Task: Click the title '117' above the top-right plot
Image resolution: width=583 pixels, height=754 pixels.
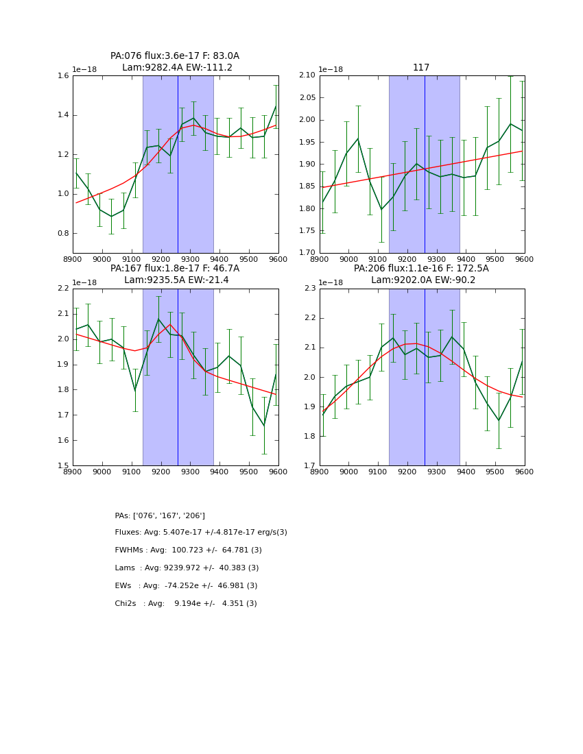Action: click(x=421, y=68)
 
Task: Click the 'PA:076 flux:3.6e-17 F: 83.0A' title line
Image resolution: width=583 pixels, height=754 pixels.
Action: click(x=175, y=56)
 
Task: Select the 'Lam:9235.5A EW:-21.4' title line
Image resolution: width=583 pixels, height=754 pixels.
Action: click(x=176, y=280)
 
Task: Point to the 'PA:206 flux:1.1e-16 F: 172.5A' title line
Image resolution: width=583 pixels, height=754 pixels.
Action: click(x=421, y=269)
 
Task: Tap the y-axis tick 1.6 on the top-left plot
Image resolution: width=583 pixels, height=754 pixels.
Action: click(x=63, y=76)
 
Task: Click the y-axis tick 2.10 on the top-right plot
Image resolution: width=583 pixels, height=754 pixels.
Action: click(x=307, y=76)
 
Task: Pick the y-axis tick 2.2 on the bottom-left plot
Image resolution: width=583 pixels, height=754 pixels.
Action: click(x=63, y=289)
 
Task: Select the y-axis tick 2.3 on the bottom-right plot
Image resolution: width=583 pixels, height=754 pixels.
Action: click(x=309, y=289)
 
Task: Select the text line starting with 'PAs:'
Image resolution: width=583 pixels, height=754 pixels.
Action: click(x=160, y=515)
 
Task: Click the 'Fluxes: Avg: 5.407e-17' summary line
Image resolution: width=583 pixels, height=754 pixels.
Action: click(x=201, y=533)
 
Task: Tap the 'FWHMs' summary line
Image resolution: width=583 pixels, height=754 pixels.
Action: click(x=189, y=550)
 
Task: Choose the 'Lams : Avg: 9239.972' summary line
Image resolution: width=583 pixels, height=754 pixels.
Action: click(x=187, y=568)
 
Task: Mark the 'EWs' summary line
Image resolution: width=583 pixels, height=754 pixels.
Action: click(x=186, y=586)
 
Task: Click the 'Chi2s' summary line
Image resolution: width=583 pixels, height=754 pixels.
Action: click(x=186, y=604)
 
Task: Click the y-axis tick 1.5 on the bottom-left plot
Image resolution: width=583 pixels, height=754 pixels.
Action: click(x=63, y=466)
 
